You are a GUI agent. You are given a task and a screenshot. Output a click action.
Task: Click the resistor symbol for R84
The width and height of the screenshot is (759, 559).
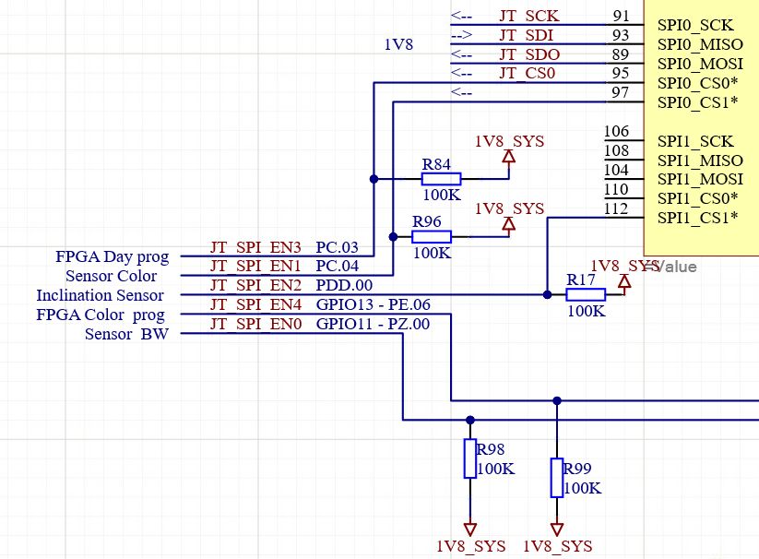(441, 179)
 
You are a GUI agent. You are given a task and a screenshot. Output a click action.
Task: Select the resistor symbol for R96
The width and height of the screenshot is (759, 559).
(432, 237)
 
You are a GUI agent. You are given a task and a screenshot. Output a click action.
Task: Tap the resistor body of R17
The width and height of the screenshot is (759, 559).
(586, 295)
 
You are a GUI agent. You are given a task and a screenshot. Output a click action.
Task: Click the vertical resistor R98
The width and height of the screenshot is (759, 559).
(469, 458)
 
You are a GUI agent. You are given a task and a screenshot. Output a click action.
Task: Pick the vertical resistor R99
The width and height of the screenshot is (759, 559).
(556, 477)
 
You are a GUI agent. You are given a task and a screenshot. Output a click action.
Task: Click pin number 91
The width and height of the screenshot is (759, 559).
(621, 16)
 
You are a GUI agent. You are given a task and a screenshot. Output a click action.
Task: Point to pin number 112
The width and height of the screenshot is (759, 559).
(617, 208)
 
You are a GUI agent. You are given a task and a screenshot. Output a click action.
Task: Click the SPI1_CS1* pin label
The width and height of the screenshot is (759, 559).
(698, 219)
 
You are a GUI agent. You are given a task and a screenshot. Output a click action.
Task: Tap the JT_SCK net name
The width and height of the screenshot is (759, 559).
(528, 16)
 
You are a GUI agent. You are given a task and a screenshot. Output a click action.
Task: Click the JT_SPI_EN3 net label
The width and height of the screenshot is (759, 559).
(256, 248)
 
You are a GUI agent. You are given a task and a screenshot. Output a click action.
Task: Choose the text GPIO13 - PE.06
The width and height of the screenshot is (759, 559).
(373, 305)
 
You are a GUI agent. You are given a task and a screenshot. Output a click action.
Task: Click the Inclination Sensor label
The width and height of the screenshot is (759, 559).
(100, 295)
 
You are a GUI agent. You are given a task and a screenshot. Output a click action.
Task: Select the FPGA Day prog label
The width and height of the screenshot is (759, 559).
(113, 256)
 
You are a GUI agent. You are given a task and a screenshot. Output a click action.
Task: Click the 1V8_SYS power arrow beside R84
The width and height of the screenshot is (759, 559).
(507, 157)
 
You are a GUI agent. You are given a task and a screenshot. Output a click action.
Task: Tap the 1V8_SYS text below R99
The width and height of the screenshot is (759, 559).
(557, 545)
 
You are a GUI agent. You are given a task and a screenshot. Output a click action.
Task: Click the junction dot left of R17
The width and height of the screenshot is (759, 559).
(547, 295)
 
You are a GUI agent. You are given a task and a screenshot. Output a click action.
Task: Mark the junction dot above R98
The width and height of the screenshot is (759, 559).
(470, 420)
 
